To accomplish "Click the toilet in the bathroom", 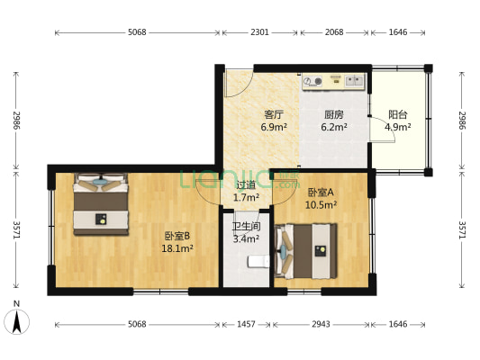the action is pyautogui.click(x=258, y=262).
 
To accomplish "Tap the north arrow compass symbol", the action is pyautogui.click(x=17, y=321).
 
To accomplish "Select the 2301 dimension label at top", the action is pyautogui.click(x=259, y=32).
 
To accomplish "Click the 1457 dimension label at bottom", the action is pyautogui.click(x=246, y=324).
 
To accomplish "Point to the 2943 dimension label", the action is pyautogui.click(x=321, y=324).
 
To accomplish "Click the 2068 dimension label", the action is pyautogui.click(x=334, y=32).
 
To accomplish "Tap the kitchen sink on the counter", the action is pyautogui.click(x=354, y=81).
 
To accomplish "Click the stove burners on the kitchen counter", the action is pyautogui.click(x=312, y=81).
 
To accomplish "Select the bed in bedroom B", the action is pyautogui.click(x=101, y=204).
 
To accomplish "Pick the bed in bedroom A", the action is pyautogui.click(x=306, y=251).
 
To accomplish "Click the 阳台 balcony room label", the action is pyautogui.click(x=398, y=114).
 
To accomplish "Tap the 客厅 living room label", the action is pyautogui.click(x=274, y=114).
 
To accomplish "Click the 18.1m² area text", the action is pyautogui.click(x=177, y=248).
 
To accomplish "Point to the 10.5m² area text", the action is pyautogui.click(x=321, y=204).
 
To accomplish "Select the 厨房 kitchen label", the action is pyautogui.click(x=334, y=114).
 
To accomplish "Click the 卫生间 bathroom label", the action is pyautogui.click(x=246, y=226).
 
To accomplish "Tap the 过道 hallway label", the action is pyautogui.click(x=246, y=184).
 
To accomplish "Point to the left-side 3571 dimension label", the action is pyautogui.click(x=16, y=229).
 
